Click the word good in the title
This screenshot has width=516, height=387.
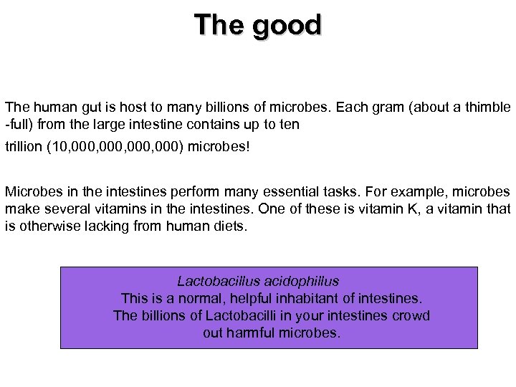click(286, 26)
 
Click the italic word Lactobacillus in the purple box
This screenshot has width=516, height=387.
click(216, 281)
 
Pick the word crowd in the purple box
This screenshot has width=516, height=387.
click(411, 315)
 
